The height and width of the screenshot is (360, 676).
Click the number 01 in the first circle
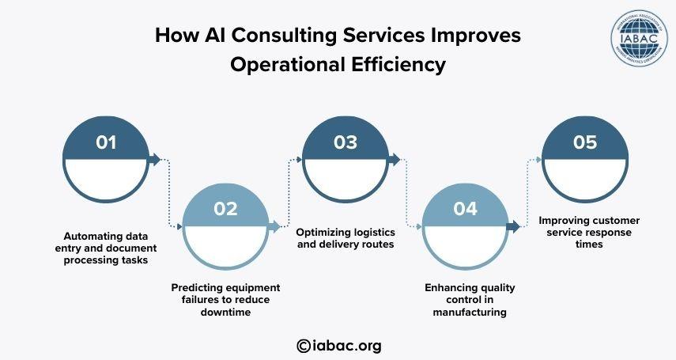pos(106,143)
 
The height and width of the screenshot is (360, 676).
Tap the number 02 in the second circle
pos(225,209)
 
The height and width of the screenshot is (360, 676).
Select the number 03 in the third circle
pos(346,143)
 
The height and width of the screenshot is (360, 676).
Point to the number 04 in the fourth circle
pos(465,209)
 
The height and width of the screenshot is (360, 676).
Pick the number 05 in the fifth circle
pos(585,143)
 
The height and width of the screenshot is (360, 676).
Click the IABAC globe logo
pos(638,37)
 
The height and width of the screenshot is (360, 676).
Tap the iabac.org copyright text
pos(338,345)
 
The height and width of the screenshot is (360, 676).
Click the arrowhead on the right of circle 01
pos(155,160)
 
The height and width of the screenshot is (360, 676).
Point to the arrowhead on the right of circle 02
pos(275,226)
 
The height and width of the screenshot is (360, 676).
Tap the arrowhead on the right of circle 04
pos(513,226)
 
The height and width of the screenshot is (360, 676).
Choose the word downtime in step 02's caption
pos(225,312)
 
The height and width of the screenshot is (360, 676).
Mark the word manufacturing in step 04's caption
pos(469,312)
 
